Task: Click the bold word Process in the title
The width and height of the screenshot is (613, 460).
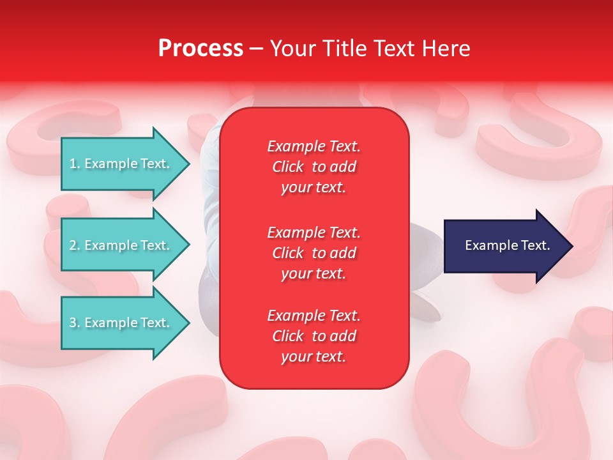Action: (201, 49)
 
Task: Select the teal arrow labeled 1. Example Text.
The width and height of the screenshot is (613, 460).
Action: (121, 164)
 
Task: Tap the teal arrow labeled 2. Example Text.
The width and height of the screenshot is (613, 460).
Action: (121, 245)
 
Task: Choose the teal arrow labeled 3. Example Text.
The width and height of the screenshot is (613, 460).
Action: (121, 323)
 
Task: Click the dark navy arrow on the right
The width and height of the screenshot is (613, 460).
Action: (504, 246)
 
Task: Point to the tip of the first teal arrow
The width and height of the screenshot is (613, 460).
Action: (188, 164)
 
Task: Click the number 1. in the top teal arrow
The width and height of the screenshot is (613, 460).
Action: (75, 164)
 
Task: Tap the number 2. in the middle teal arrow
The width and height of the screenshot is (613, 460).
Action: (75, 245)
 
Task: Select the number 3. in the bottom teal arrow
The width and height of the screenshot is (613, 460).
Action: (75, 323)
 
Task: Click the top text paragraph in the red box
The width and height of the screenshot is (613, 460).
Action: (314, 167)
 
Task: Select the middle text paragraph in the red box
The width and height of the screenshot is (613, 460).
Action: (314, 253)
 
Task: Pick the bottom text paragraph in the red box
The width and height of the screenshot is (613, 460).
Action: (314, 336)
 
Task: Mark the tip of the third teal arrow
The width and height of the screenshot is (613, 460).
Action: (188, 323)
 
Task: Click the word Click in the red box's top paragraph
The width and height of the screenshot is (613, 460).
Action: (287, 167)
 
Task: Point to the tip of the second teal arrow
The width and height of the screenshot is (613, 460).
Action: (188, 245)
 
